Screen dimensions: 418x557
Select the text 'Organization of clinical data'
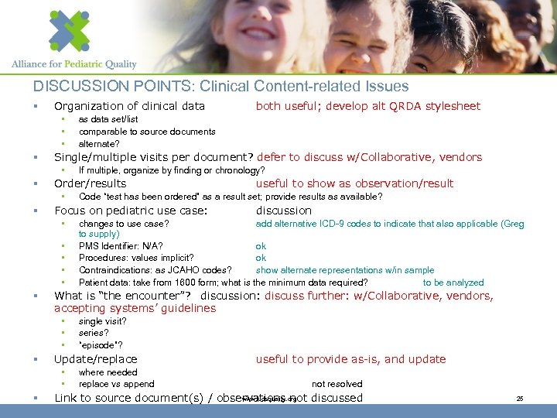pyautogui.click(x=129, y=106)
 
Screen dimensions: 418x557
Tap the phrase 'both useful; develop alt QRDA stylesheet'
pyautogui.click(x=367, y=106)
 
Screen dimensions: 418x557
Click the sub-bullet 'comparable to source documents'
pyautogui.click(x=147, y=132)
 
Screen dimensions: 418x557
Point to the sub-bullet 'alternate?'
pyautogui.click(x=99, y=143)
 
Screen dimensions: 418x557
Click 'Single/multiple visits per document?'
pyautogui.click(x=155, y=157)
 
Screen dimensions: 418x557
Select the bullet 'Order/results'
pyautogui.click(x=90, y=184)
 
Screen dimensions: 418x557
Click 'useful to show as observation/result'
pyautogui.click(x=354, y=184)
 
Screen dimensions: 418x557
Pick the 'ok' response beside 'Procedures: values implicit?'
pyautogui.click(x=261, y=259)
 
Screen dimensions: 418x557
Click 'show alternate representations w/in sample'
pyautogui.click(x=345, y=270)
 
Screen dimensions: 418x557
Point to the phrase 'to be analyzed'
pyautogui.click(x=453, y=283)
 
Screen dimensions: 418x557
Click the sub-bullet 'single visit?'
pyautogui.click(x=102, y=321)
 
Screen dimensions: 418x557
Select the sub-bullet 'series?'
pyautogui.click(x=93, y=333)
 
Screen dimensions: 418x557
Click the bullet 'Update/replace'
pyautogui.click(x=95, y=359)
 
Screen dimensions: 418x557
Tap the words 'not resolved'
pyautogui.click(x=337, y=384)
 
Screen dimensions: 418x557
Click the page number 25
pyautogui.click(x=520, y=399)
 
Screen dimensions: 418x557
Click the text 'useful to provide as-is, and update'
pyautogui.click(x=350, y=359)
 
